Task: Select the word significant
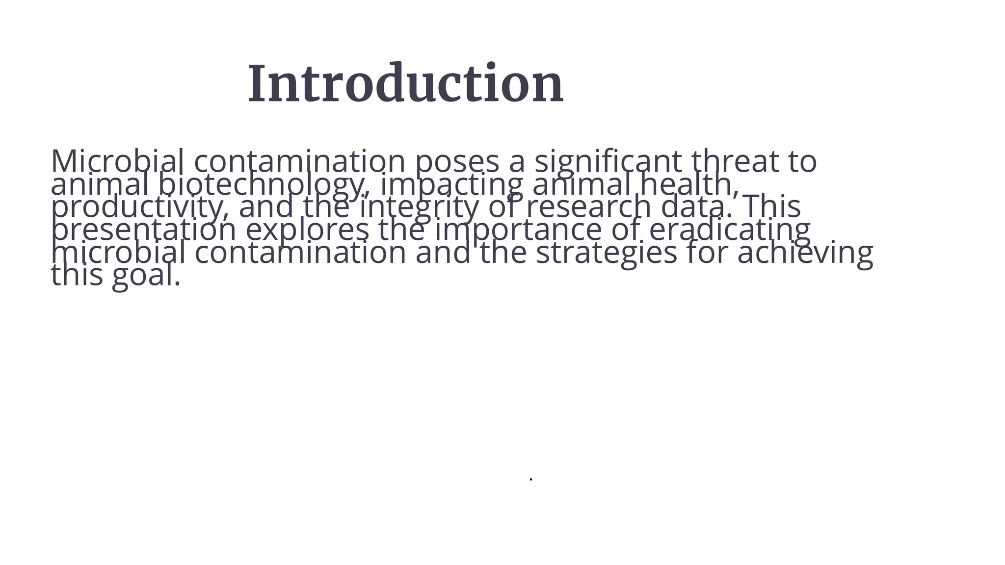point(608,161)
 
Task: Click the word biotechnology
point(263,184)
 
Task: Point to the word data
point(696,207)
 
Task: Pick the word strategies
point(606,253)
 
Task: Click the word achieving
point(805,253)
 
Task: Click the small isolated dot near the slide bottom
point(531,479)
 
